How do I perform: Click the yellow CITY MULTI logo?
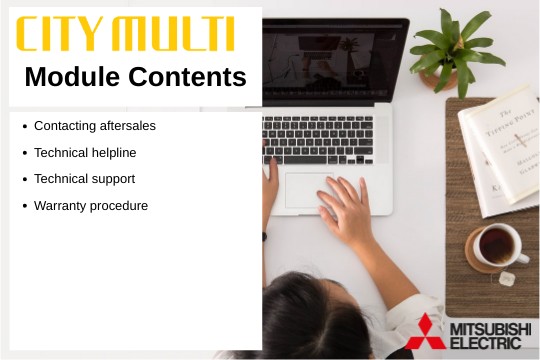125,34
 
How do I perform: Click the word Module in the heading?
72,76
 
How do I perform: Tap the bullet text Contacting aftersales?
95,126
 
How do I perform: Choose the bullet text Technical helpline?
85,153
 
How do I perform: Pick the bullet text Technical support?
84,179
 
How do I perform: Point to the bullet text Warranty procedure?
91,206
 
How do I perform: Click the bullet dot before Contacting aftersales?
24,127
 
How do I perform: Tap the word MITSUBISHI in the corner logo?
491,328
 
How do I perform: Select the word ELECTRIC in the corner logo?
485,343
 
